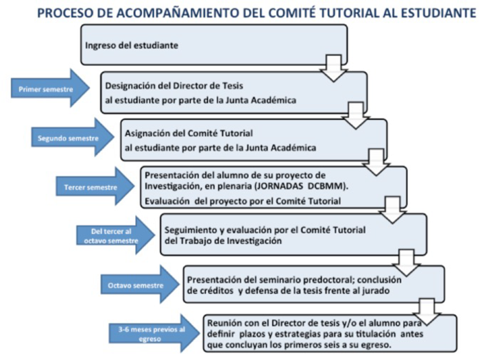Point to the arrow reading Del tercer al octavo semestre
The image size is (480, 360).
click(112, 235)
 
